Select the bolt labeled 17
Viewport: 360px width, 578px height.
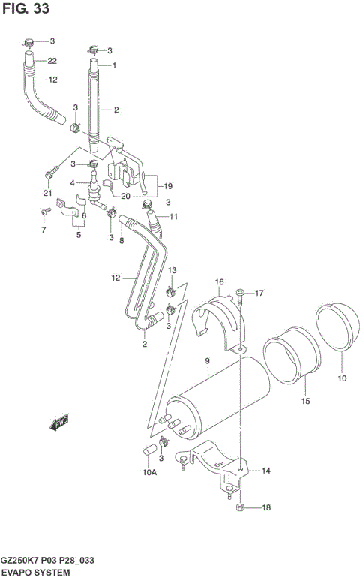click(239, 294)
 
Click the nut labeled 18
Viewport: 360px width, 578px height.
click(238, 508)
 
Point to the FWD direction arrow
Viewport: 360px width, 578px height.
click(58, 425)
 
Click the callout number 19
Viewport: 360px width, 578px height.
click(167, 186)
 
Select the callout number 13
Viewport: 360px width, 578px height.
click(172, 270)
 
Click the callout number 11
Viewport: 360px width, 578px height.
click(173, 217)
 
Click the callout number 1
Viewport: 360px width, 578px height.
click(115, 65)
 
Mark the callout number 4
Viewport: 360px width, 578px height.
click(73, 182)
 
